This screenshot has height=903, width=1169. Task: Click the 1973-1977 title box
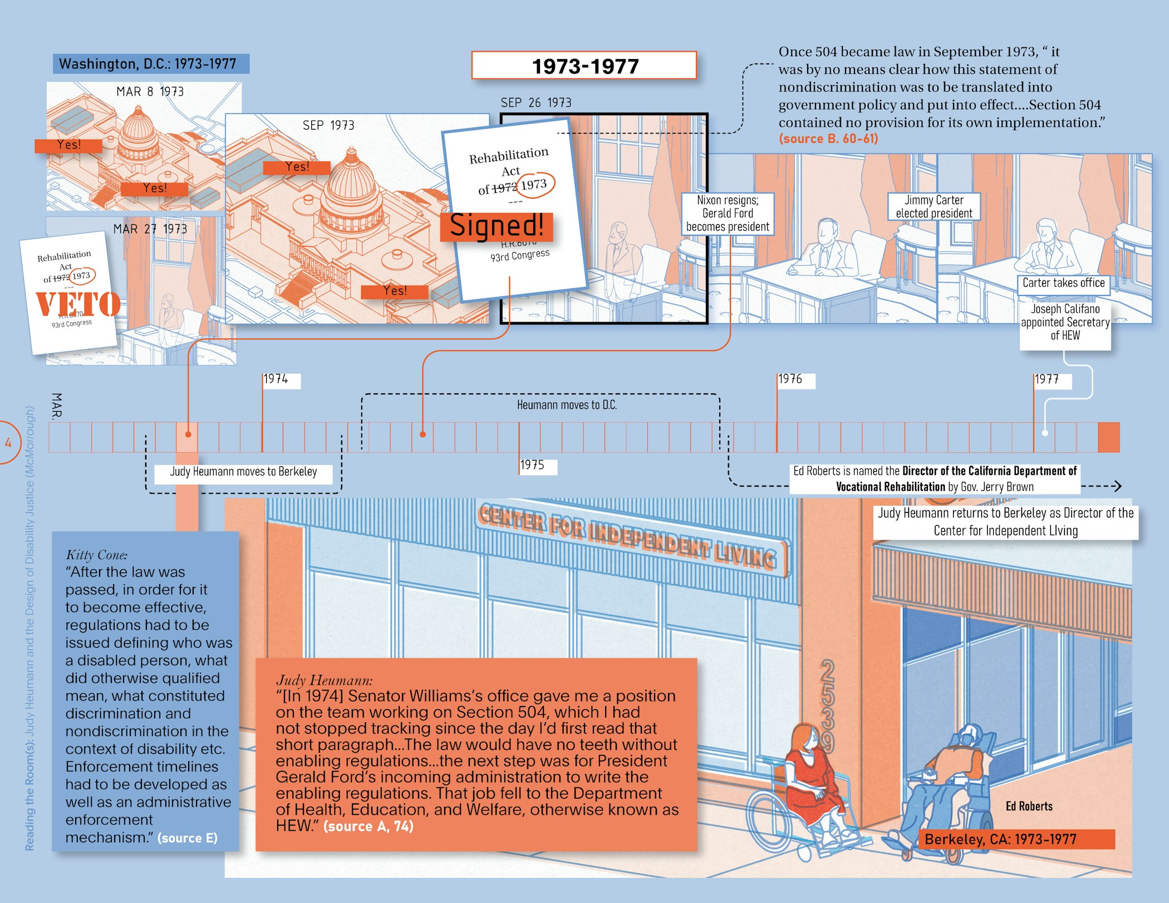[584, 66]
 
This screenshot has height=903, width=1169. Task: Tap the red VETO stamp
[78, 304]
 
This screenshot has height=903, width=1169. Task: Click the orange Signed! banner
[496, 226]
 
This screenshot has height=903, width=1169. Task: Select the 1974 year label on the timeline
[276, 379]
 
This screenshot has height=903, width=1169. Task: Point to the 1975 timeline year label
[533, 465]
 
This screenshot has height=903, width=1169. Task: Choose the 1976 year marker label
[790, 379]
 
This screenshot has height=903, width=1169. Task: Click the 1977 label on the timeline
[1047, 379]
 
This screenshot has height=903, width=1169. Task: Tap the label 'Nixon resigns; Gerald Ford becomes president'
[728, 214]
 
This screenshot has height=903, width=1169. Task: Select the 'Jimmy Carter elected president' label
[934, 207]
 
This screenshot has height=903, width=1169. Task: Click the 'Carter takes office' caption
[1063, 283]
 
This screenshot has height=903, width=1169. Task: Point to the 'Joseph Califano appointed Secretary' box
[1065, 323]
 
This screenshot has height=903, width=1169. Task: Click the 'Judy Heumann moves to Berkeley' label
[243, 472]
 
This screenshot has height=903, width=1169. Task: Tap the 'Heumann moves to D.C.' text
[567, 405]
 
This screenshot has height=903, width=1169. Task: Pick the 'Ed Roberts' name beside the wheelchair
[1029, 806]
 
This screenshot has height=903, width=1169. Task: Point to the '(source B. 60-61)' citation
[828, 139]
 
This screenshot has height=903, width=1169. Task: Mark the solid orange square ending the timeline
[1108, 437]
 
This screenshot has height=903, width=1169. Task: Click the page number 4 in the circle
[8, 443]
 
